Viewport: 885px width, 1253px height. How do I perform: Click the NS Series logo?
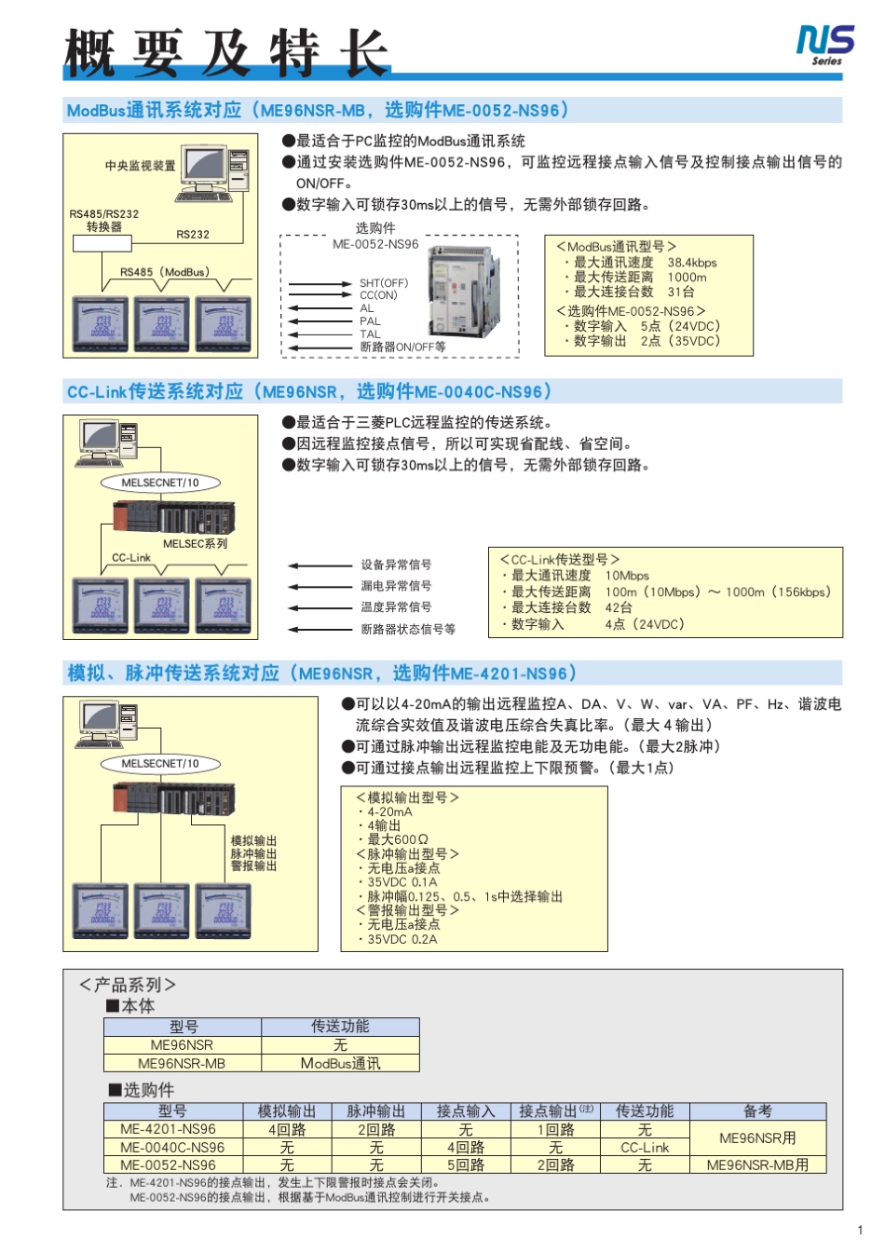click(824, 45)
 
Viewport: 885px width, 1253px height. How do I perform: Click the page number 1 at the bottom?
click(859, 1230)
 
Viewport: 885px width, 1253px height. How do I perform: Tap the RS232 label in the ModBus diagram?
click(193, 235)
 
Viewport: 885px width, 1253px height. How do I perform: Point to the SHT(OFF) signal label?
click(383, 283)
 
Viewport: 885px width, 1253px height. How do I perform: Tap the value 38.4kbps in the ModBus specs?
click(691, 263)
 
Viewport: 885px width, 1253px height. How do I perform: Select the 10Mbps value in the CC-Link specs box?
click(627, 576)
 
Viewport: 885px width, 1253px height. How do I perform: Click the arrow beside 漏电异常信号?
click(320, 586)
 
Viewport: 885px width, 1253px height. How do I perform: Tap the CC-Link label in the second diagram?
click(130, 557)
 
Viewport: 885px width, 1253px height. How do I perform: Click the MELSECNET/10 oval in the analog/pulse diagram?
click(160, 763)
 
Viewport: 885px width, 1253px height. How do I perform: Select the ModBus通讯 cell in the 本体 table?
click(340, 1063)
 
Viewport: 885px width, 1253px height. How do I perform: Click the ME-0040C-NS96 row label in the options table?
click(172, 1147)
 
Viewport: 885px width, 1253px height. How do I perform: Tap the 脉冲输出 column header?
click(375, 1111)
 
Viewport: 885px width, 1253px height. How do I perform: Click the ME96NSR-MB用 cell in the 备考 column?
click(756, 1164)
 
